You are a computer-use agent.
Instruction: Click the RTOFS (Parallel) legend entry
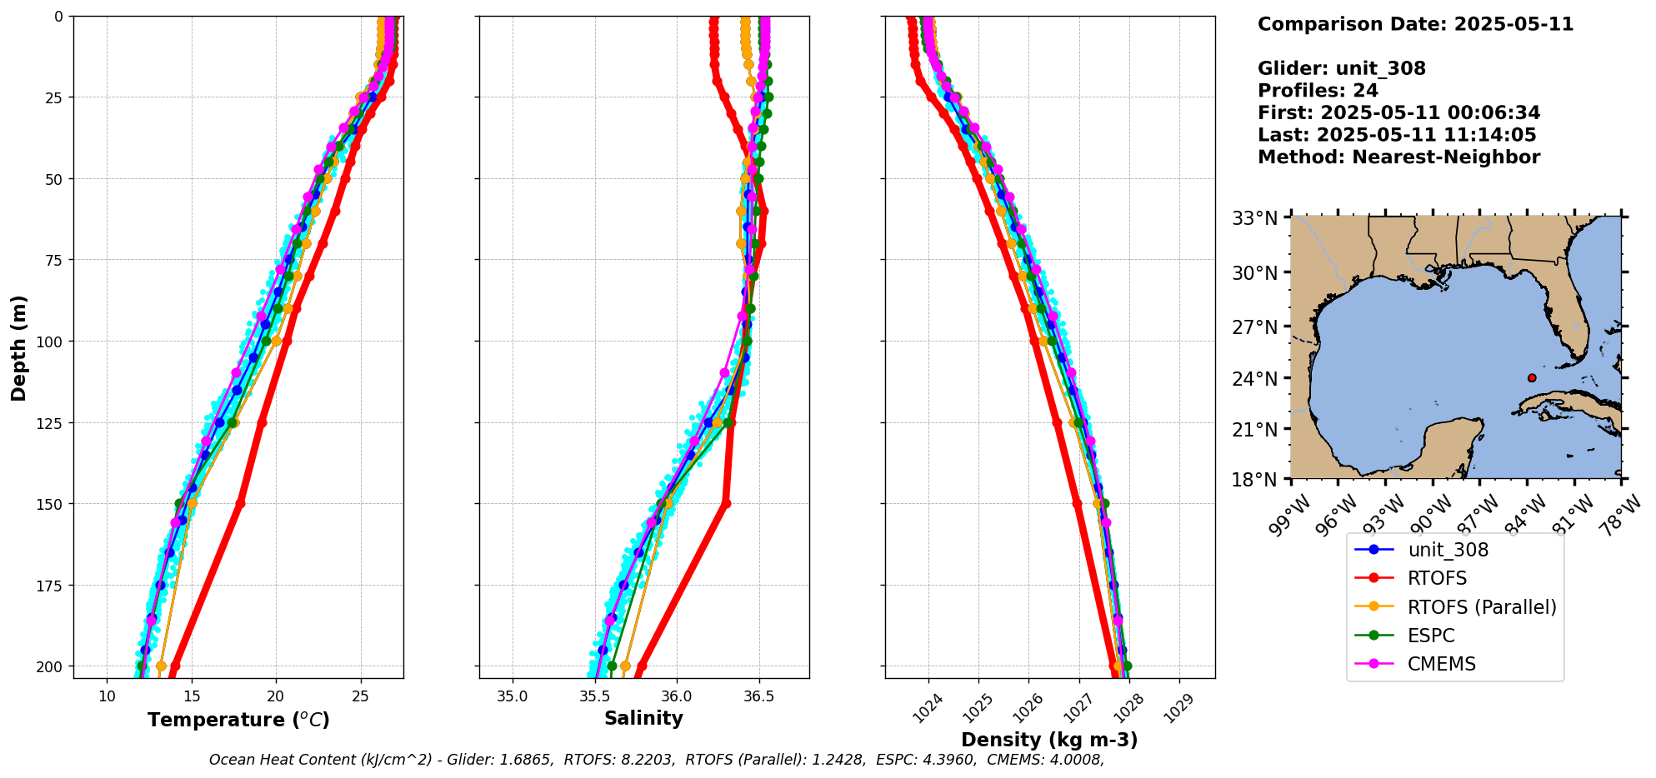tap(1481, 607)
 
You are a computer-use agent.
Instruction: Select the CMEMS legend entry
tap(1441, 664)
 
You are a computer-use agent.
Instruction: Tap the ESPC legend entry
tap(1430, 636)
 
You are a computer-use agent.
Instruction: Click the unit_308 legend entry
tap(1448, 550)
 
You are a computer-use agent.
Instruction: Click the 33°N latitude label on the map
tap(1254, 218)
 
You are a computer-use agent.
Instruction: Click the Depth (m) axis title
tap(18, 347)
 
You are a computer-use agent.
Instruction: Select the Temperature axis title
tap(238, 720)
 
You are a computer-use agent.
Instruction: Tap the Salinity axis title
tap(643, 718)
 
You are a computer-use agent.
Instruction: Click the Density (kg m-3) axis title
tap(1049, 740)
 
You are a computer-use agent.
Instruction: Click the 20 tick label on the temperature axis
tap(276, 696)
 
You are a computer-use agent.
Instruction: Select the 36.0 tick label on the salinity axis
tap(675, 696)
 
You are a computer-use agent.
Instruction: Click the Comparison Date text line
tap(1415, 24)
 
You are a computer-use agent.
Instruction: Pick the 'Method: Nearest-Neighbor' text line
tap(1398, 157)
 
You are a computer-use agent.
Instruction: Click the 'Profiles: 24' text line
tap(1318, 91)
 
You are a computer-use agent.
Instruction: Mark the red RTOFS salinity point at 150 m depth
tap(726, 503)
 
